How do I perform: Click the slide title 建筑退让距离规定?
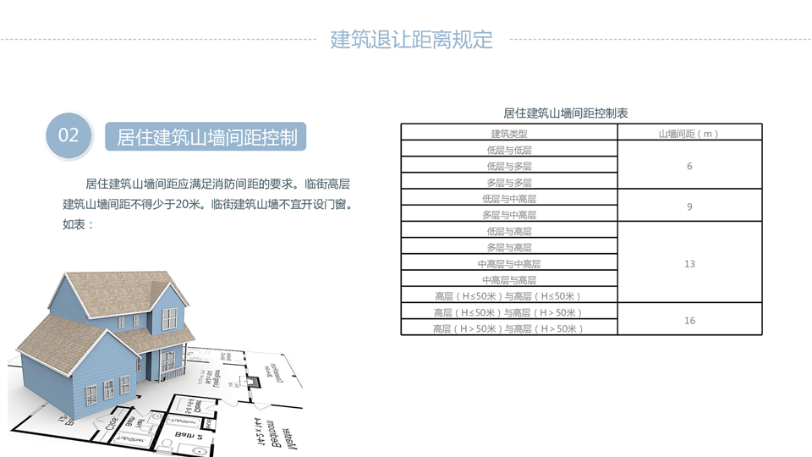[x=411, y=39]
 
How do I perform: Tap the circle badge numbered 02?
[x=69, y=135]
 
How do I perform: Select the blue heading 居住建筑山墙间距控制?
[x=206, y=137]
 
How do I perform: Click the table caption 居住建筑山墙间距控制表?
[x=566, y=113]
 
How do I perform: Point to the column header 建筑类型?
[x=509, y=134]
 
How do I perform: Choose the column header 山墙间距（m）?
[x=689, y=134]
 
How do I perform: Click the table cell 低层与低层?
[x=509, y=150]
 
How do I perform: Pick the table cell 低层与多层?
[x=509, y=166]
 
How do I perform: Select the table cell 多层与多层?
[x=509, y=182]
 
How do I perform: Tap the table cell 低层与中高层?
[x=509, y=199]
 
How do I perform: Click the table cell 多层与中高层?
[x=509, y=215]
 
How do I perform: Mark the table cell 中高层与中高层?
[x=509, y=264]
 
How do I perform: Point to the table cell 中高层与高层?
[x=509, y=280]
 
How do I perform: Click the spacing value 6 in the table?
[x=689, y=166]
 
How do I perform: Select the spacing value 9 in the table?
[x=689, y=206]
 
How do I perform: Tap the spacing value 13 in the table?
[x=689, y=264]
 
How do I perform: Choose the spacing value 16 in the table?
[x=689, y=321]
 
